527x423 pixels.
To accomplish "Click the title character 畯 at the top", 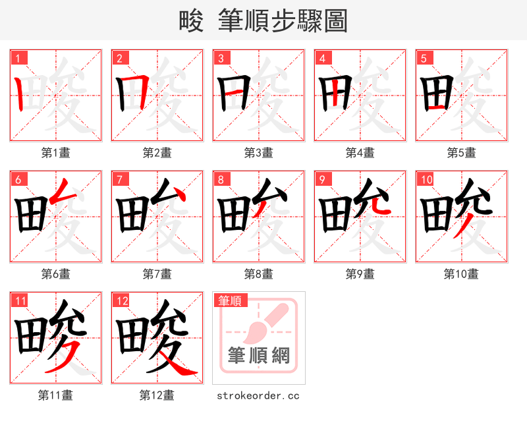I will tap(191, 21).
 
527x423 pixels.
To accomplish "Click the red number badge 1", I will tap(18, 58).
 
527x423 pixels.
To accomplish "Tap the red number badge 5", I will tap(424, 58).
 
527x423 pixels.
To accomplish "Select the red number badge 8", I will tap(221, 180).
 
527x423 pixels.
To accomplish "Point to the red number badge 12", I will tap(121, 301).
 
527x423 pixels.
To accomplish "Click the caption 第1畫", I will tap(56, 152).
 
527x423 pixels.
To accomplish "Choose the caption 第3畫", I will tap(259, 152).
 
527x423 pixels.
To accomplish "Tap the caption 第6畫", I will tap(56, 273).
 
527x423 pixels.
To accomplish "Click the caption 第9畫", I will tap(360, 273).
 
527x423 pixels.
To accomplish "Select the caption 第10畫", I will tap(461, 273).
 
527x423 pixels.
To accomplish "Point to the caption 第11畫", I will tap(56, 395).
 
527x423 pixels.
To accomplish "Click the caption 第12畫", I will tap(157, 395).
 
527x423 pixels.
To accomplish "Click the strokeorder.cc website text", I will tap(259, 395).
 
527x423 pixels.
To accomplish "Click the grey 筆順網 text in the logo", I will tap(259, 356).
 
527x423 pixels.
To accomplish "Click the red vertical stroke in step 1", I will tap(20, 93).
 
